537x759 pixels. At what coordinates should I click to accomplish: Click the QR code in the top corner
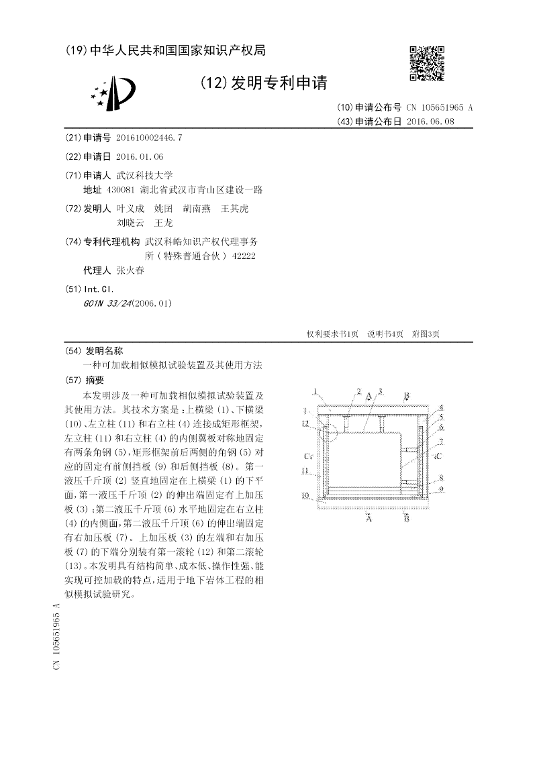tap(426, 64)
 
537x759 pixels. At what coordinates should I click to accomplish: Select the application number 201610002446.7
tap(148, 138)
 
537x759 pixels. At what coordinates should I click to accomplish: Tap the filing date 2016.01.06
tap(139, 156)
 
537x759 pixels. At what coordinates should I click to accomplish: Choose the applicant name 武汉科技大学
tap(144, 175)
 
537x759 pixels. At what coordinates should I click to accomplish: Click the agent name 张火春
tap(130, 270)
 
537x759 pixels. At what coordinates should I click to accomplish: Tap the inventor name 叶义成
tap(130, 209)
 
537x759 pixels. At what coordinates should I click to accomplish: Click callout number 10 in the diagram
tap(305, 496)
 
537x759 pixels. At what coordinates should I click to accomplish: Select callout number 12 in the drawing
tap(305, 423)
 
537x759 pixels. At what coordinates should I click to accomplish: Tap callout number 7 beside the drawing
tap(440, 442)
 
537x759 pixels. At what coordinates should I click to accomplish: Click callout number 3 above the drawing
tap(380, 391)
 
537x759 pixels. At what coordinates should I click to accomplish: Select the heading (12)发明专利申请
tap(264, 83)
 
